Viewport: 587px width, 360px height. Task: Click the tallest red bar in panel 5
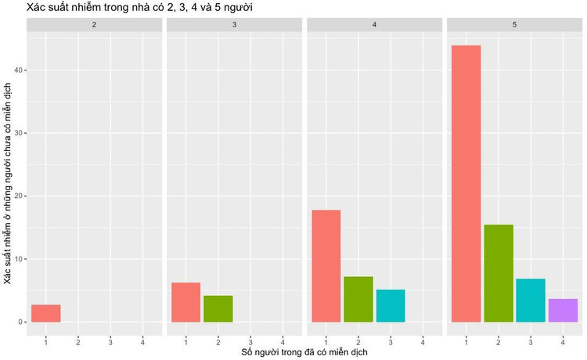[466, 184]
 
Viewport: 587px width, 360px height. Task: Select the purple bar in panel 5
[563, 310]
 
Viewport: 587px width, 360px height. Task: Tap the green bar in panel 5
[498, 273]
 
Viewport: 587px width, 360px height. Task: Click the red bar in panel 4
[326, 266]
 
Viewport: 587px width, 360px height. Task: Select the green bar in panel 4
[358, 299]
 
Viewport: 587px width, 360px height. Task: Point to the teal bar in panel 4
[391, 305]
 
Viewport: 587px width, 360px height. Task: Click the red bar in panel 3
[185, 302]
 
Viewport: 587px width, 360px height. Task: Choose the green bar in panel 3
[218, 308]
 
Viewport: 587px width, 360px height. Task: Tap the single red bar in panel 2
[46, 313]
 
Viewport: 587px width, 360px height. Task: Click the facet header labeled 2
[95, 25]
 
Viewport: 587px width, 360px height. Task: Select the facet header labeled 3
[235, 25]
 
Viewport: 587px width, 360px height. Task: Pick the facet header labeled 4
[375, 25]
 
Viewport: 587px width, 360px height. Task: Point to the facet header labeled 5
[514, 25]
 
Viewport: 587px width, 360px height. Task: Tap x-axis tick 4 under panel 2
[142, 341]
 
